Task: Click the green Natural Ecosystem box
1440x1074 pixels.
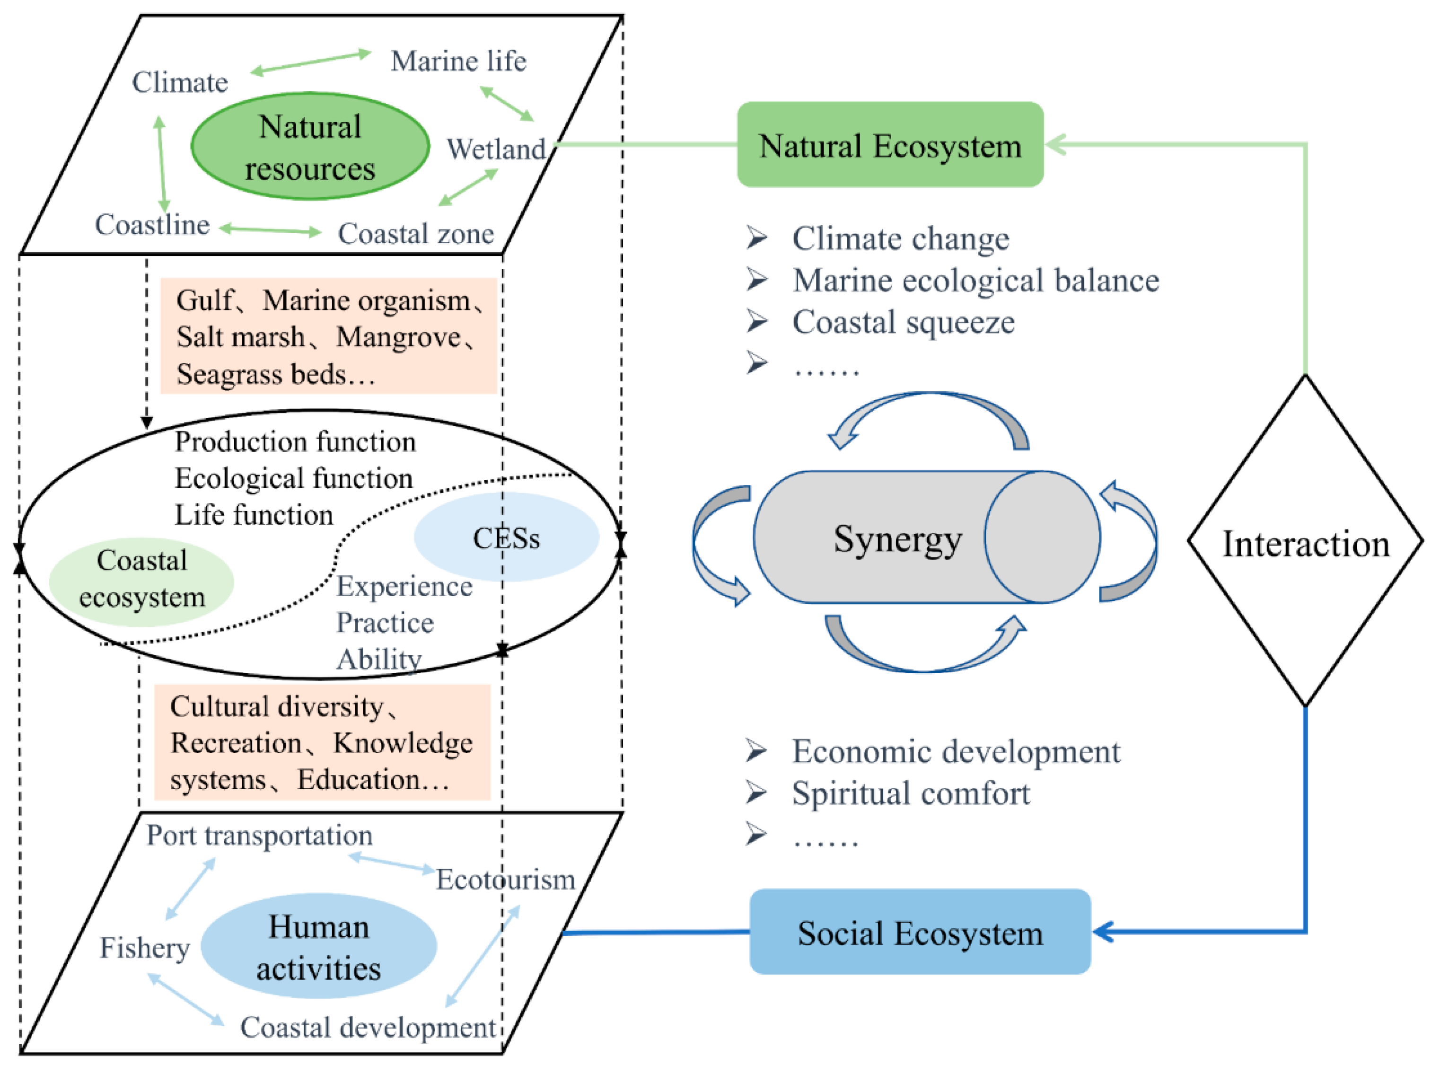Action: click(x=889, y=144)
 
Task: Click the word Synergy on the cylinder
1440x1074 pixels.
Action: click(x=897, y=539)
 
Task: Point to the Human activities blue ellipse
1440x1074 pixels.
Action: click(x=318, y=946)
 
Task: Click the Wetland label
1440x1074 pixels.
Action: click(x=495, y=150)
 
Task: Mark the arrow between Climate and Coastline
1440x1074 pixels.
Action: click(x=161, y=164)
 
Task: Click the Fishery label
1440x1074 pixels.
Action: click(x=144, y=947)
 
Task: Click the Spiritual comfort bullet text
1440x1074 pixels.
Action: click(x=910, y=793)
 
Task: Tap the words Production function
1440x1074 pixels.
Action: click(x=295, y=442)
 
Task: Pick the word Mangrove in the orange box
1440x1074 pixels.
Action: click(x=398, y=337)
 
